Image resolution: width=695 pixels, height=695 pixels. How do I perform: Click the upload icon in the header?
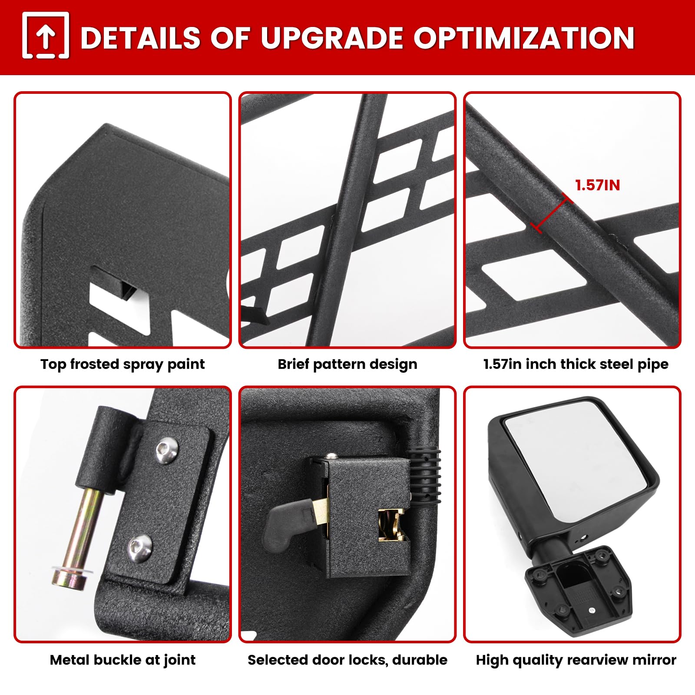[x=46, y=36]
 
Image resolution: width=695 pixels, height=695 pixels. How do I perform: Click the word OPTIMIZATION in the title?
[x=524, y=38]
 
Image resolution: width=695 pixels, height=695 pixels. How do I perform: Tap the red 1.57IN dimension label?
[x=598, y=185]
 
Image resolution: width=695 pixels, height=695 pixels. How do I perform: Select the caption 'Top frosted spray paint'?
[x=122, y=364]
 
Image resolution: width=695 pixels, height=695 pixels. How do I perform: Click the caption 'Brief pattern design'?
[x=347, y=364]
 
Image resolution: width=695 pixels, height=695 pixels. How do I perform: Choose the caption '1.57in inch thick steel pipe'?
[x=576, y=364]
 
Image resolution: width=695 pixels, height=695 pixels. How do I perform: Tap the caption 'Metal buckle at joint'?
[x=122, y=660]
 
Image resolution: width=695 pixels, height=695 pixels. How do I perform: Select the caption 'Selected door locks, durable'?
[x=347, y=660]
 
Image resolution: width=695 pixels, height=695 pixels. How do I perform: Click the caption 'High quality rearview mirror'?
[x=576, y=660]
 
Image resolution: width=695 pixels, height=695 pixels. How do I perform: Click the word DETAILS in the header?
[x=141, y=38]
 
